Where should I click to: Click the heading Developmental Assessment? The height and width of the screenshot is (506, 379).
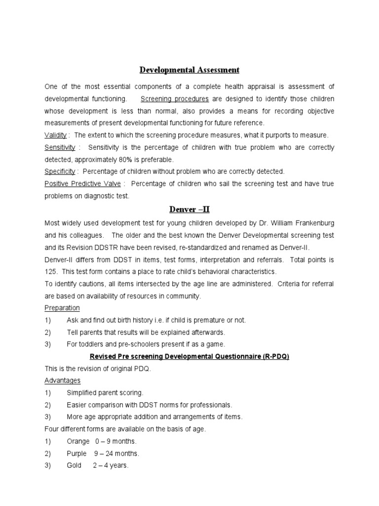[189, 70]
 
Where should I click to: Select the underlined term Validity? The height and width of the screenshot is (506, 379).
[56, 135]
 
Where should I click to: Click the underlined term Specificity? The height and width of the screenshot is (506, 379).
[60, 171]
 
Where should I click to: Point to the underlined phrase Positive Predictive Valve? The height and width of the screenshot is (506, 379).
[82, 184]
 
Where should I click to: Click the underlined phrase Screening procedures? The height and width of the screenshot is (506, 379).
[174, 98]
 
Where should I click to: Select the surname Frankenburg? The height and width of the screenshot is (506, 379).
[312, 223]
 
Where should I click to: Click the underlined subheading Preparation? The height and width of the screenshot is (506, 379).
[62, 308]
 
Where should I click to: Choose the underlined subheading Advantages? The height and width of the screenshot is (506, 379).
[62, 380]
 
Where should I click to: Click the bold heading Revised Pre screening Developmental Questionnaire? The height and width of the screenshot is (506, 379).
[189, 356]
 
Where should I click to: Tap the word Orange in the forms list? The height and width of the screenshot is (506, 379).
[78, 441]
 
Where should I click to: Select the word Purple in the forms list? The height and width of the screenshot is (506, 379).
[76, 453]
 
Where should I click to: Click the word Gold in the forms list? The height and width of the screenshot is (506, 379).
[74, 465]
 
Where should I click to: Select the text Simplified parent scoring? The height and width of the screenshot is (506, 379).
[105, 393]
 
